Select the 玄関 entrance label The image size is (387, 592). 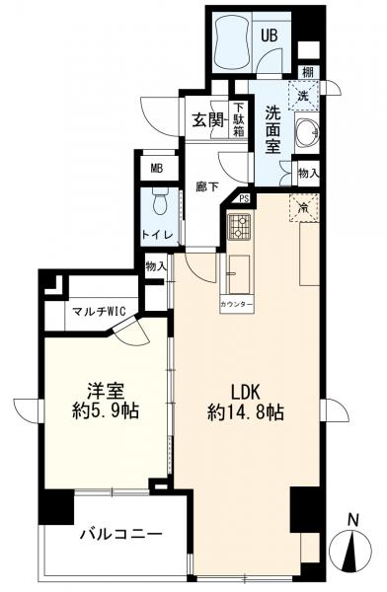click(207, 121)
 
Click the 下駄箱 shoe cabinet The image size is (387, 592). click(238, 119)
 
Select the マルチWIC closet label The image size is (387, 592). click(96, 314)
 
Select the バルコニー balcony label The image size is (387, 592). click(120, 536)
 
